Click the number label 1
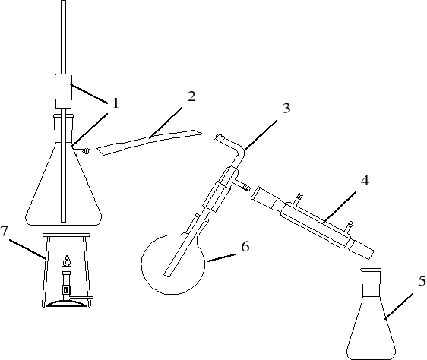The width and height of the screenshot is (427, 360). [x=116, y=103]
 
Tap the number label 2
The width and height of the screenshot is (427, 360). [x=191, y=96]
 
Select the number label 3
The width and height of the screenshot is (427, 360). [x=286, y=108]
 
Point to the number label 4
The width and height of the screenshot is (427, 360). [x=365, y=180]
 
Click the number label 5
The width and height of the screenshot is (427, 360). [x=422, y=281]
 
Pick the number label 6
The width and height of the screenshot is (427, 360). [x=245, y=247]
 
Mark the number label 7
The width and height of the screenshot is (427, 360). [x=4, y=231]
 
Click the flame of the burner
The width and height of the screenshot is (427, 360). [x=67, y=261]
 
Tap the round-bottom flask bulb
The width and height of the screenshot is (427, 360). [x=172, y=263]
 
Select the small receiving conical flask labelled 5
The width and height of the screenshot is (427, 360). [x=372, y=314]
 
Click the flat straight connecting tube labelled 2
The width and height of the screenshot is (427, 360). [x=150, y=143]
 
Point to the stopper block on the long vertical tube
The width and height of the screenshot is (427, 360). [x=64, y=90]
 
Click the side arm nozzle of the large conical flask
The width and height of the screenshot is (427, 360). [x=84, y=151]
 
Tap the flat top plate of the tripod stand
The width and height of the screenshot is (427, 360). [x=66, y=235]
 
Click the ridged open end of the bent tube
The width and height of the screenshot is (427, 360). [x=220, y=137]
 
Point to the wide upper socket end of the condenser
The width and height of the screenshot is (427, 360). [x=264, y=197]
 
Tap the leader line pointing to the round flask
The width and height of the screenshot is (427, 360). [x=221, y=258]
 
